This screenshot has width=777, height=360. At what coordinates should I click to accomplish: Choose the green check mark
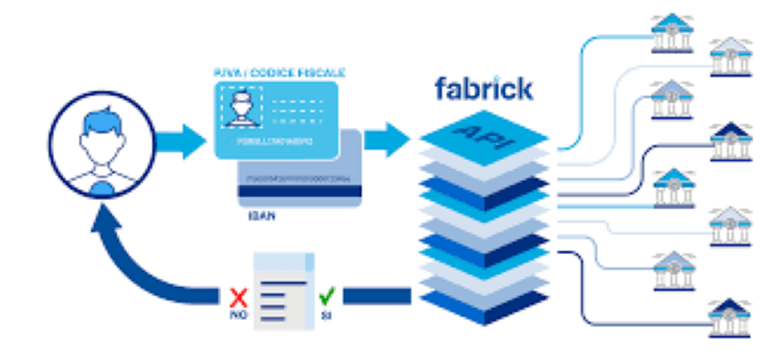point(325,294)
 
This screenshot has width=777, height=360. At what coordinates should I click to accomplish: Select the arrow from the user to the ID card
point(178,141)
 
